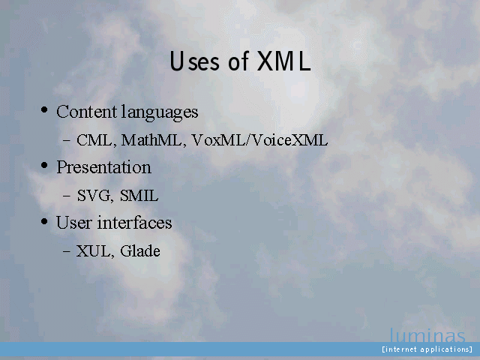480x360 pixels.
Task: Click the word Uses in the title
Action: coord(195,61)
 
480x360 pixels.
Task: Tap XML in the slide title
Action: coord(283,61)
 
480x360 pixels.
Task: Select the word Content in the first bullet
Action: coord(87,112)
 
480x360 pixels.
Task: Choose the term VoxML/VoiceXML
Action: coord(260,140)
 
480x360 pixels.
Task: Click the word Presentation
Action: coord(103,167)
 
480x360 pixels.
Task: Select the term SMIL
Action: coord(139,196)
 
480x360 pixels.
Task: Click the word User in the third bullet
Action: coord(74,223)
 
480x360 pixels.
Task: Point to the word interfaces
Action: coord(135,222)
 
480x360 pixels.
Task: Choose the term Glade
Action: coord(140,251)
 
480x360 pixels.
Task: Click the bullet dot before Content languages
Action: coord(44,109)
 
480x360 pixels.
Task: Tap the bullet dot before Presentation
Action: coord(44,165)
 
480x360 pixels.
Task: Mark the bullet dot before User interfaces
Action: coord(44,221)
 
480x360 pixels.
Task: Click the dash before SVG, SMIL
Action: coord(67,196)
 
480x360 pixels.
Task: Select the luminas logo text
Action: coord(427,335)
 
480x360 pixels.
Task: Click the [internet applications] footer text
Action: coord(427,349)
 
